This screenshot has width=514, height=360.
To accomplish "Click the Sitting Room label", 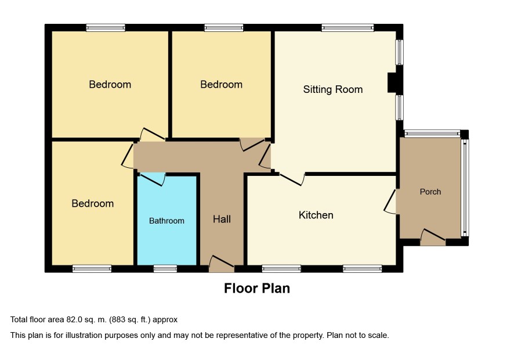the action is coord(333,89).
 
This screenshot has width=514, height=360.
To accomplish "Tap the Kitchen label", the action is coord(316,215).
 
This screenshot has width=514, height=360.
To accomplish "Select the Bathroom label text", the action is coord(166,221).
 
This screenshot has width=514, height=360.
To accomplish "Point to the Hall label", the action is coord(222,219).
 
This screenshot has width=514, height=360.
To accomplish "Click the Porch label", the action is coord(430,192).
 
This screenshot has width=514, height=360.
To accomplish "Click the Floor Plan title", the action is coord(257,288).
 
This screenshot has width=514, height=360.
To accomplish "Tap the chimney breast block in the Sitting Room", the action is coord(392,82).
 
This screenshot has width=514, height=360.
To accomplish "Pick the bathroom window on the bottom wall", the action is coord(165,269).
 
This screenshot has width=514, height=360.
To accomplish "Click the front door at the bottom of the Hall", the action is coord(222,264).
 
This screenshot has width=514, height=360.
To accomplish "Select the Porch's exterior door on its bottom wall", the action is coord(433,237).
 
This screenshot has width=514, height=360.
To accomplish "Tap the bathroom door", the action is coord(153,178).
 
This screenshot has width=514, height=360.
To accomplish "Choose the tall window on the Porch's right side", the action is coord(465,188).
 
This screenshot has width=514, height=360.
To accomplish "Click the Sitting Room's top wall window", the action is coord(348,27).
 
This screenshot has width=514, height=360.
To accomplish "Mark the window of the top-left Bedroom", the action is coord(106,27).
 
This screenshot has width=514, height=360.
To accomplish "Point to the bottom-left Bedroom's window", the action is coord(92,269).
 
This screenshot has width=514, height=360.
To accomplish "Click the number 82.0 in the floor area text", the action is coord(74,319).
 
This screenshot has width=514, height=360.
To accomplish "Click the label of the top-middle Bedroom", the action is coord(221,84).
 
